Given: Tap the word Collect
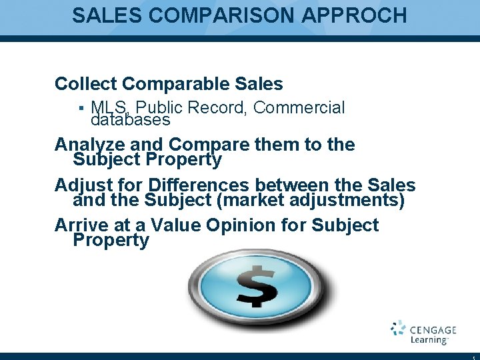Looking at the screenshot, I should pos(86,84).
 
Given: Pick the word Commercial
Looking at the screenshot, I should pos(299,107).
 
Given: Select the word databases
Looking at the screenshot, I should pos(131,121).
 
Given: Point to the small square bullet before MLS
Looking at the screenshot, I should pos(80,108).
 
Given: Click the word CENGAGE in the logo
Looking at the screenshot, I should pos(433,329).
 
